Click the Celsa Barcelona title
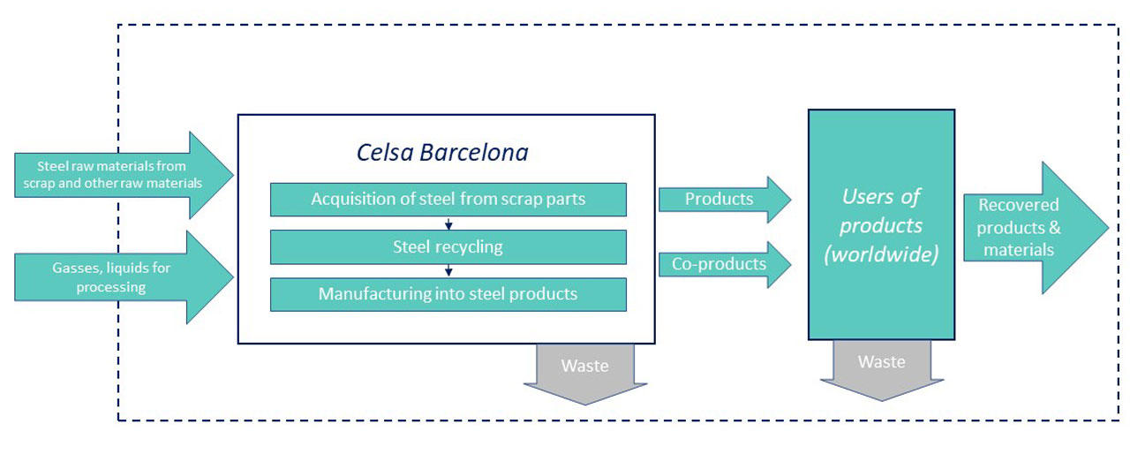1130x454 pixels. (442, 152)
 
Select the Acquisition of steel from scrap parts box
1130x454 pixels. (448, 200)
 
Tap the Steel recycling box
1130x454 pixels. (448, 246)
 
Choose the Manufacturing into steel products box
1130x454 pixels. (448, 294)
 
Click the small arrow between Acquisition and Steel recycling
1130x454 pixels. (448, 223)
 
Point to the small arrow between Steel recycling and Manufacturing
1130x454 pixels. (448, 271)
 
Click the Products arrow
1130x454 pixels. (725, 200)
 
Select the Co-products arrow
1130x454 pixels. (725, 264)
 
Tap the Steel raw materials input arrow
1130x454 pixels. (124, 175)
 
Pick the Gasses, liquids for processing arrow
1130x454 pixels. (124, 277)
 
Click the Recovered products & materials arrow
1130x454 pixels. (1036, 228)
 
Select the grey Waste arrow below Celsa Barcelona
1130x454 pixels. (585, 375)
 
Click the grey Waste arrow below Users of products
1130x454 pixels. (882, 371)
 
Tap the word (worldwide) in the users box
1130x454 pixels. (881, 253)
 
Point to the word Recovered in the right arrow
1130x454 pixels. (1019, 205)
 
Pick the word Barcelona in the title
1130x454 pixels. (474, 152)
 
